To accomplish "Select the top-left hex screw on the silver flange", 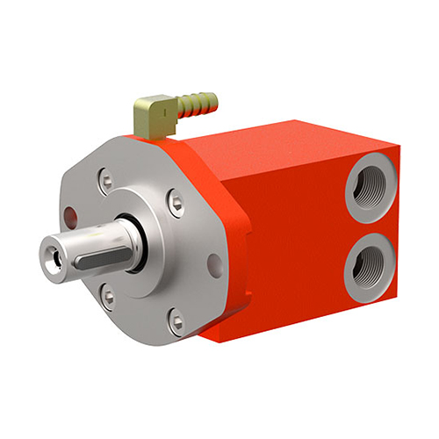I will (106, 183).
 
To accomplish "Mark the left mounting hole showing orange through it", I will (68, 217).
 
